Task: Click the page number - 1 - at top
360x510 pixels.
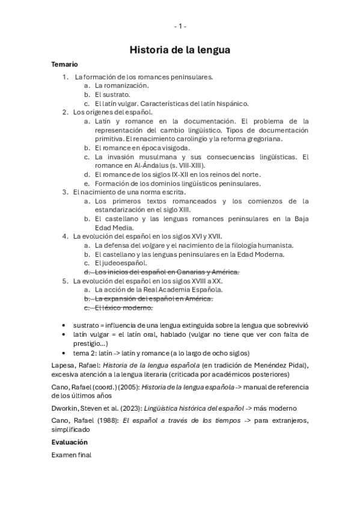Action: tap(180, 26)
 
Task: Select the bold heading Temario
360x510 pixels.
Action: tap(64, 64)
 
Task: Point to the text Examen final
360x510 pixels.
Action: tap(72, 455)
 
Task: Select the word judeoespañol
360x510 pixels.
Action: tap(125, 263)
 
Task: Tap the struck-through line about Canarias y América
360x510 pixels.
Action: tap(166, 272)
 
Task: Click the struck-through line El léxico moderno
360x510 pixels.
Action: tap(124, 308)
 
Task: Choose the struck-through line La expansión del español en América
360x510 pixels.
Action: tap(154, 299)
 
